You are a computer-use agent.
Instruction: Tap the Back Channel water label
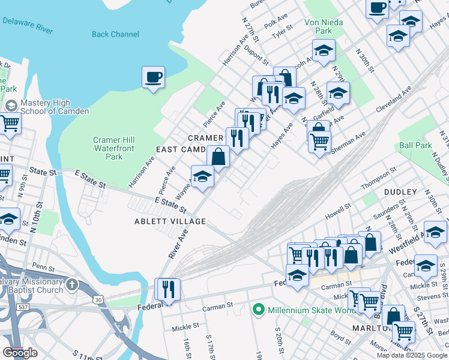click(115, 34)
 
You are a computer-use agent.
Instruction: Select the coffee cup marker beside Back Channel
click(153, 77)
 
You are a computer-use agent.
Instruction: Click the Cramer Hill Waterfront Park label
click(108, 148)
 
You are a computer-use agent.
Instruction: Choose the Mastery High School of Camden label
click(54, 107)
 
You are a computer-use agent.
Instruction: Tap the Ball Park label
click(415, 145)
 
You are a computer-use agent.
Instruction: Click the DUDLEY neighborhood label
click(400, 191)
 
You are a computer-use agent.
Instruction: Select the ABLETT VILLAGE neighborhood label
click(170, 221)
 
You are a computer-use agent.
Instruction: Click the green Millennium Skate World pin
click(259, 310)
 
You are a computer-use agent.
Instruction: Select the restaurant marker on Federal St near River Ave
click(167, 290)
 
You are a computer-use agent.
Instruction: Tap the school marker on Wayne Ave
click(202, 177)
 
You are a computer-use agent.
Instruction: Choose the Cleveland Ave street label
click(394, 100)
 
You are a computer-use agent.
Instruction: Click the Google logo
click(20, 352)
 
